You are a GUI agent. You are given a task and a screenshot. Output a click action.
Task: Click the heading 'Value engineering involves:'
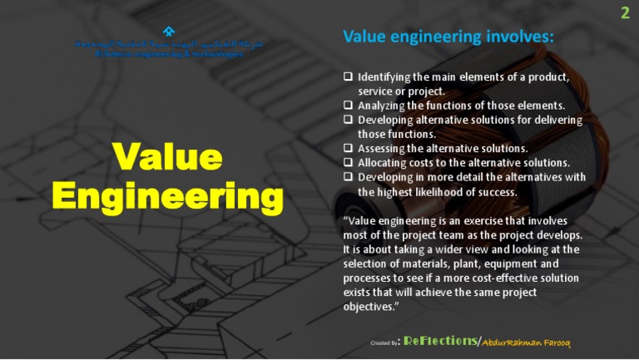point(448,37)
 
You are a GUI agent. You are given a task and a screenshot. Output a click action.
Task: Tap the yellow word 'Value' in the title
point(167,157)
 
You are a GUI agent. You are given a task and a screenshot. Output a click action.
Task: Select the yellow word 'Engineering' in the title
point(167,196)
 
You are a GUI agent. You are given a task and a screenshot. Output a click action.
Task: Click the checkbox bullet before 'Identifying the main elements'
point(348,77)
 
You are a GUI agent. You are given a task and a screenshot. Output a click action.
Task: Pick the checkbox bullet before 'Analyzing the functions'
point(348,106)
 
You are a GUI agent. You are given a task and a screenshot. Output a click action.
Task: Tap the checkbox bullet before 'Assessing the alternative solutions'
point(348,148)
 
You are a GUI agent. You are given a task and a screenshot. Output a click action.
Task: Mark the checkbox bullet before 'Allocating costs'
point(348,163)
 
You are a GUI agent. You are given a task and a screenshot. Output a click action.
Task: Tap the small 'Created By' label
point(384,343)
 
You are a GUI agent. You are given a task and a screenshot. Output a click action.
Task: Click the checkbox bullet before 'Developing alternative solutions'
point(348,120)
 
